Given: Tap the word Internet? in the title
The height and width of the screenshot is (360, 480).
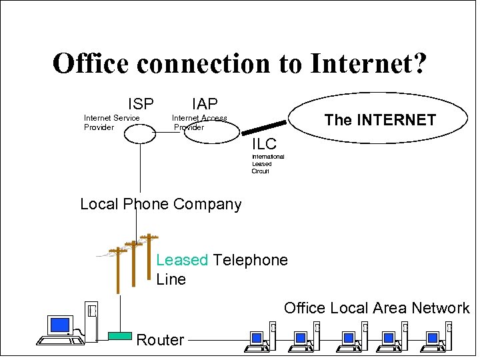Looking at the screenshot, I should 368,64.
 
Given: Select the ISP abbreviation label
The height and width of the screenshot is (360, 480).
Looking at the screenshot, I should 141,104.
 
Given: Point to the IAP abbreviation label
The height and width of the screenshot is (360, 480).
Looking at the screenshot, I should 205,104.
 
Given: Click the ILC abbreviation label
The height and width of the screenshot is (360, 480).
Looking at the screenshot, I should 264,144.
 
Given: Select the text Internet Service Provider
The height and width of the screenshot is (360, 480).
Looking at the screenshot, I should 111,123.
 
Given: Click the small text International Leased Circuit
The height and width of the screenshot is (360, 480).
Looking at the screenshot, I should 267,164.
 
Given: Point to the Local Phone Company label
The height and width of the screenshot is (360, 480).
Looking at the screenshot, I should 161,204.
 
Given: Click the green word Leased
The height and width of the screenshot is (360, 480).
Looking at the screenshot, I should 182,260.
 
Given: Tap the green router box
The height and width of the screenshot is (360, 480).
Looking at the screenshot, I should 120,336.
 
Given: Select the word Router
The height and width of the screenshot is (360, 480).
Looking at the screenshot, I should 160,340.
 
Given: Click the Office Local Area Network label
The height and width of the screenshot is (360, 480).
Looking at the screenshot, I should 377,308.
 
